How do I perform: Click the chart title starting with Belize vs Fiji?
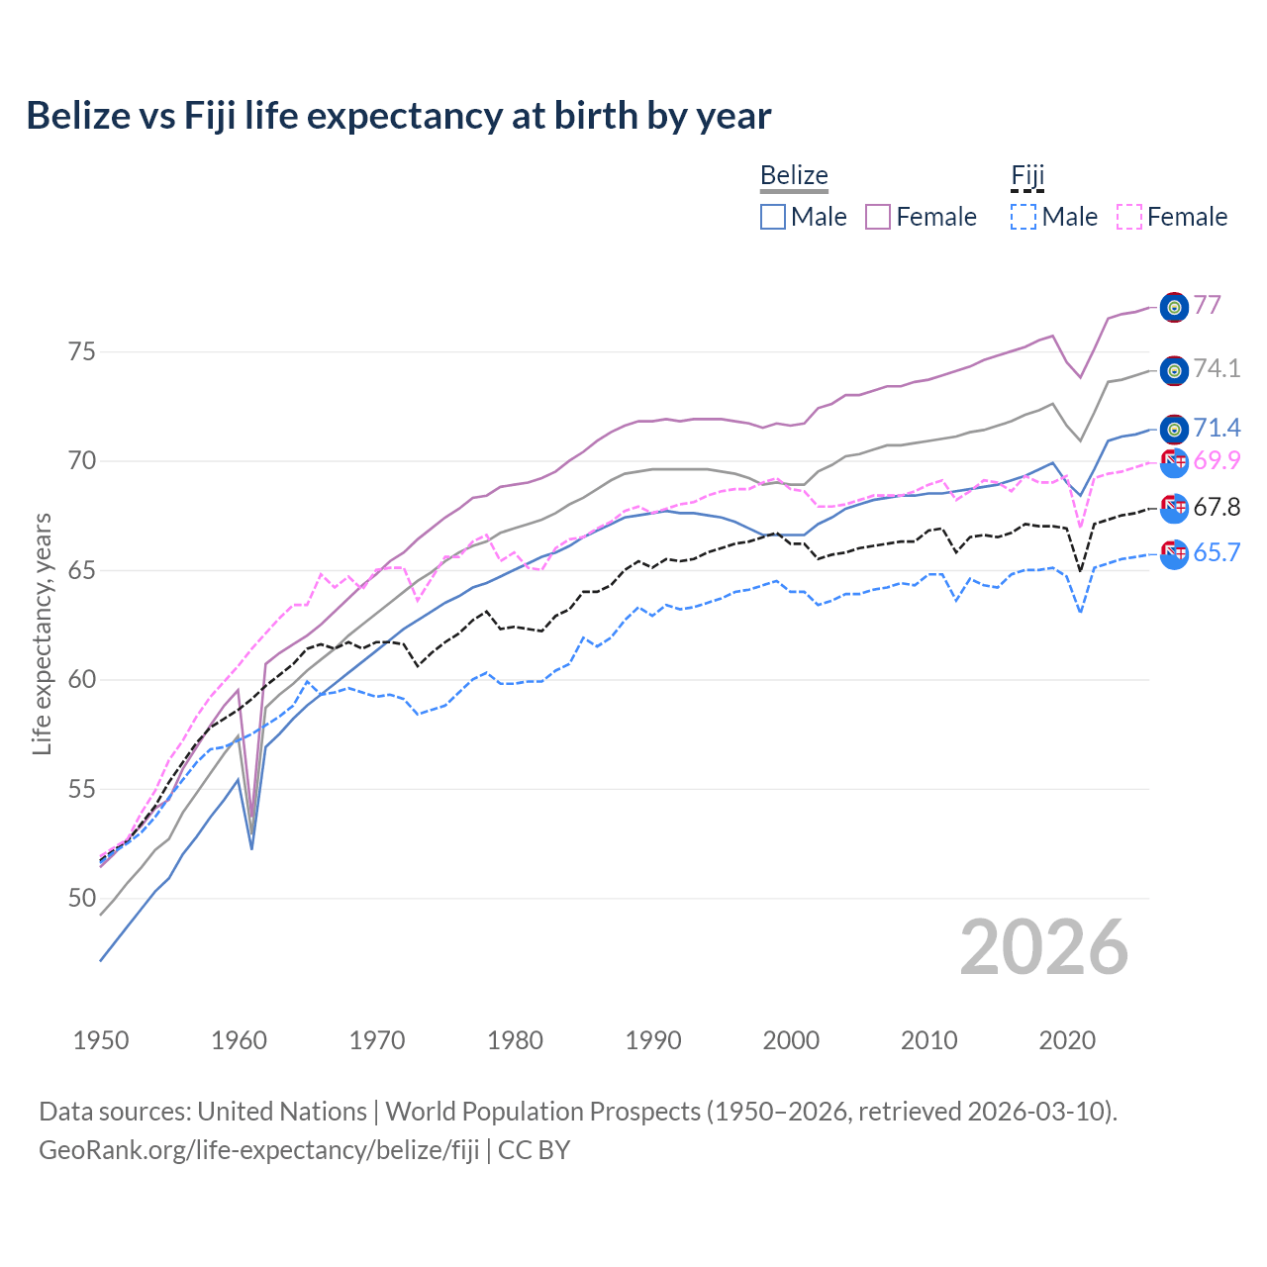pyautogui.click(x=398, y=116)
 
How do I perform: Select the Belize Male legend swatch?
pyautogui.click(x=773, y=217)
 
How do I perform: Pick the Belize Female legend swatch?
pyautogui.click(x=878, y=217)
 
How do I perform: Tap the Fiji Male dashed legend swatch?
pyautogui.click(x=1023, y=217)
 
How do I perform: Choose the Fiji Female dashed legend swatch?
pyautogui.click(x=1129, y=217)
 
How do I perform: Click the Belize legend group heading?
pyautogui.click(x=794, y=176)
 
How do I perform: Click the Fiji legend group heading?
pyautogui.click(x=1027, y=176)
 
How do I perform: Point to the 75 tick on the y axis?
pyautogui.click(x=81, y=352)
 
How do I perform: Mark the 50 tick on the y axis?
pyautogui.click(x=81, y=899)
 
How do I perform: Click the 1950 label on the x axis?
pyautogui.click(x=101, y=1040)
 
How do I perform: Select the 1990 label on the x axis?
pyautogui.click(x=653, y=1040)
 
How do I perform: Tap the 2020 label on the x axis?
pyautogui.click(x=1067, y=1040)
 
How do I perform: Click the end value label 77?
pyautogui.click(x=1207, y=305)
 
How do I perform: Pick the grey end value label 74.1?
pyautogui.click(x=1217, y=369)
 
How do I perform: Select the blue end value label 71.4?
pyautogui.click(x=1217, y=428)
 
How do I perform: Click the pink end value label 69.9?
pyautogui.click(x=1217, y=460)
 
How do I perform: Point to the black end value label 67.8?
pyautogui.click(x=1217, y=508)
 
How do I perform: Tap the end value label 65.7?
pyautogui.click(x=1217, y=553)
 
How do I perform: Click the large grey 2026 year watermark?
pyautogui.click(x=1043, y=947)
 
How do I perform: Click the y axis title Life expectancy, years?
pyautogui.click(x=42, y=633)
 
